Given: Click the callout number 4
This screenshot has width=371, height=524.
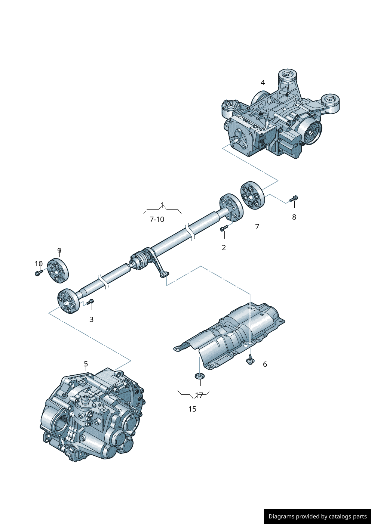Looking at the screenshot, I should click(263, 83).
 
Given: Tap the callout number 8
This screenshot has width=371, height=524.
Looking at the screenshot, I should click(294, 217).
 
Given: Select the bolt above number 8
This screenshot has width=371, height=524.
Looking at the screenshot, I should click(294, 199).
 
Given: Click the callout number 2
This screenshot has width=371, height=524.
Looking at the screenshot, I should click(224, 248).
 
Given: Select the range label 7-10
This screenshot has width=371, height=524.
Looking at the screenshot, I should click(157, 219).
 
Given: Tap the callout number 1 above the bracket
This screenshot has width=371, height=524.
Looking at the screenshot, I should click(162, 205).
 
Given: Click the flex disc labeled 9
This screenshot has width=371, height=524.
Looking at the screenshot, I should click(58, 270).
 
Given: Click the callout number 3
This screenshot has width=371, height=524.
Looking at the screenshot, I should click(91, 319).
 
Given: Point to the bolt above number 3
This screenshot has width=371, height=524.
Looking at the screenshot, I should click(90, 302).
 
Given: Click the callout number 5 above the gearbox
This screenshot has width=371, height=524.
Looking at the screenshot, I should click(86, 364).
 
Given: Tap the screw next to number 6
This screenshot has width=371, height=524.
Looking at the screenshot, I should click(250, 360).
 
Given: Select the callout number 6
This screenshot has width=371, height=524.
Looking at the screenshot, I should click(265, 364).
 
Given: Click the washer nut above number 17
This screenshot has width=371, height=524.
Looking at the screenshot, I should click(200, 375).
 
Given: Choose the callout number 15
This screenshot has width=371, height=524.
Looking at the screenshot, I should click(192, 409).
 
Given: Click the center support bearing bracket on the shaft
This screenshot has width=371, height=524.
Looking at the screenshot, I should click(157, 266).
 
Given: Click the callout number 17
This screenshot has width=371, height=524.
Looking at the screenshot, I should click(199, 395).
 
